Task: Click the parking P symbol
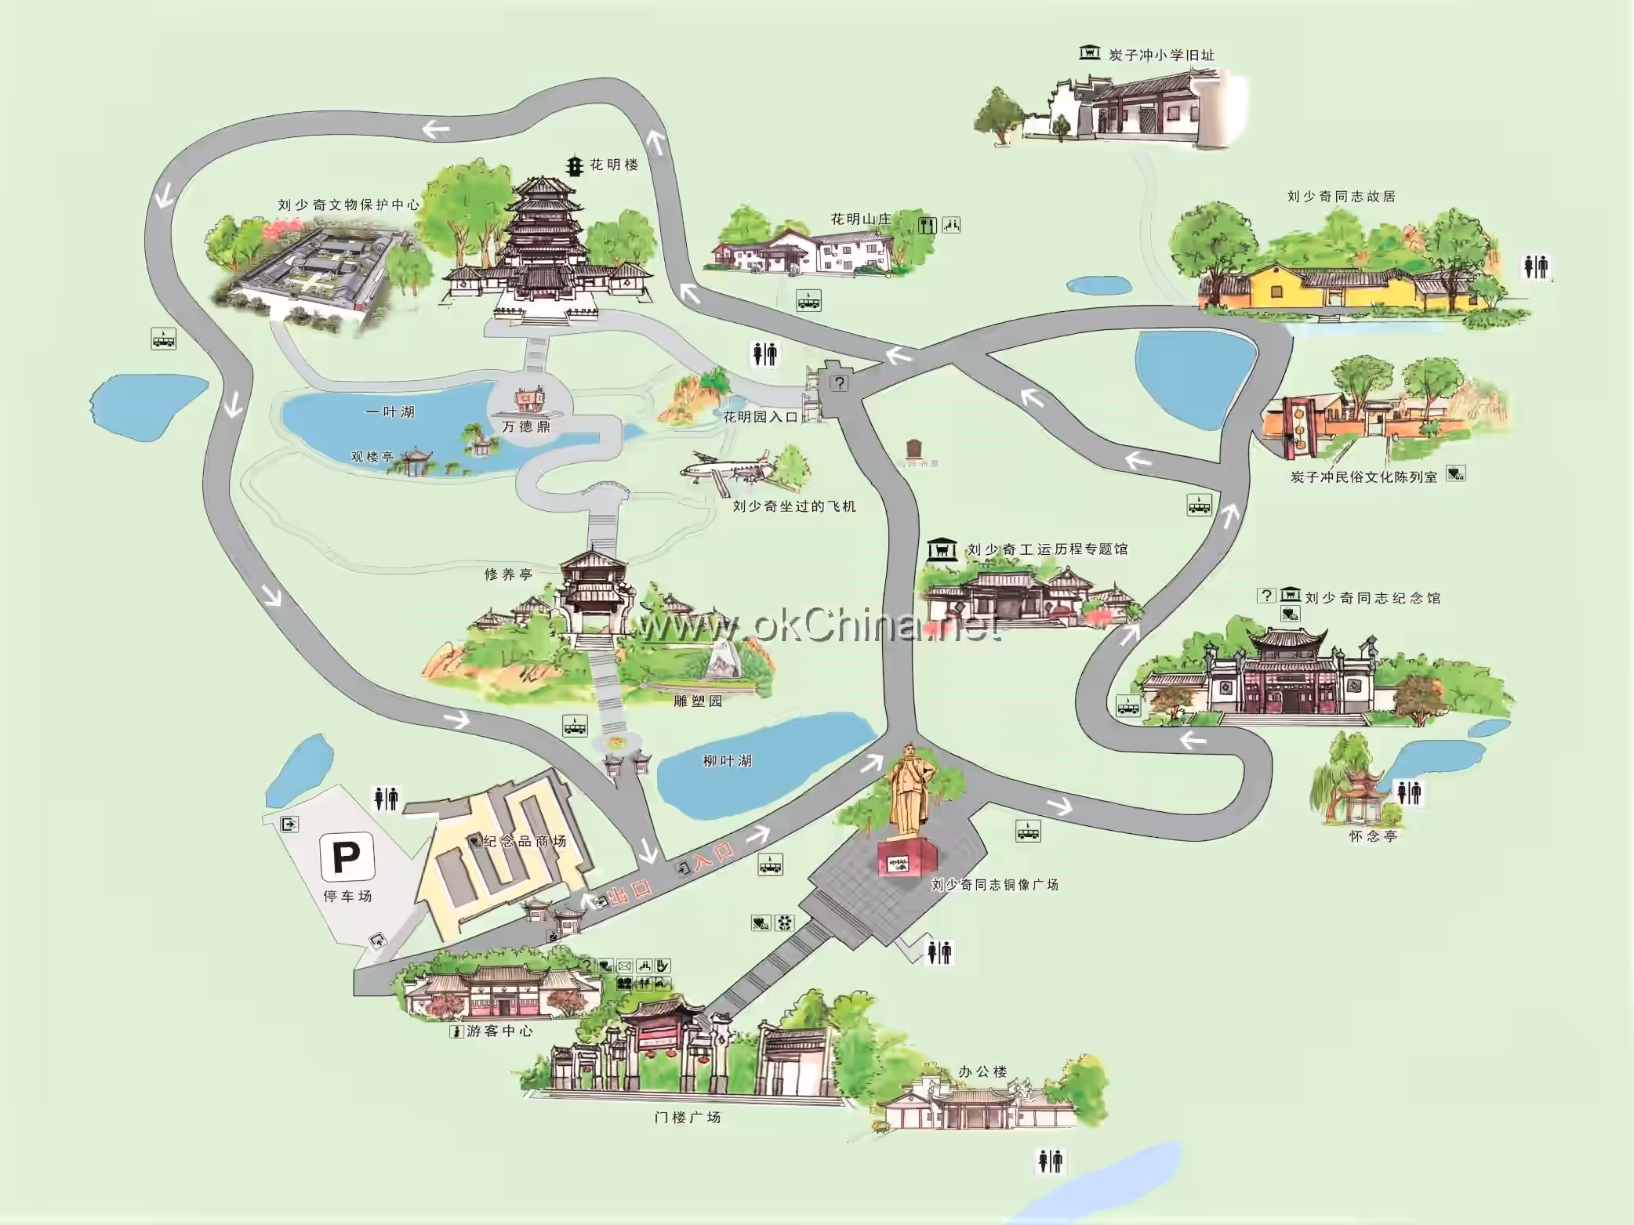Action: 347,857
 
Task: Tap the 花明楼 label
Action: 614,165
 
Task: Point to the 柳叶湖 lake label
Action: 727,761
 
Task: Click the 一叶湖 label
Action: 390,412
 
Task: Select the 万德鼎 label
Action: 526,426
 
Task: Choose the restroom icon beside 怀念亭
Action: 1409,792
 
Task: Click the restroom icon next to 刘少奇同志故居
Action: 1537,266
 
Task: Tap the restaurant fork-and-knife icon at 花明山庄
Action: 928,226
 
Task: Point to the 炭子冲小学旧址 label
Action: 1161,55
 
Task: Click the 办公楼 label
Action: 982,1071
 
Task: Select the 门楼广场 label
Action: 687,1118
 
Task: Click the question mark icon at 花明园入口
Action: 840,382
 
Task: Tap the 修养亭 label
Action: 508,574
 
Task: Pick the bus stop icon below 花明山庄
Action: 808,300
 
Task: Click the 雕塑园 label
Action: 698,701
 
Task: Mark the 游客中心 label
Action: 499,1031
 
